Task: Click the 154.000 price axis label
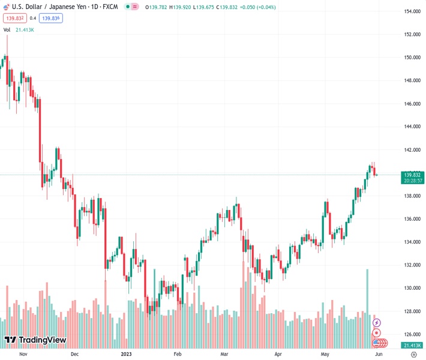(x=411, y=11)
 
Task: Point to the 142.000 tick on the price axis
(x=411, y=150)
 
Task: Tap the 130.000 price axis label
(x=411, y=288)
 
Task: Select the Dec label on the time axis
(x=74, y=354)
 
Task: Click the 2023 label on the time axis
(x=126, y=354)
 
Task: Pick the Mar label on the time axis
(x=224, y=354)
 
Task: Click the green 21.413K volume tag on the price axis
(x=413, y=346)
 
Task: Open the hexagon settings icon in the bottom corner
(x=413, y=355)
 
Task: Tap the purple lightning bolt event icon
(x=377, y=323)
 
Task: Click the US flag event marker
(x=377, y=343)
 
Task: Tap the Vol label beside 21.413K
(x=7, y=29)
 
